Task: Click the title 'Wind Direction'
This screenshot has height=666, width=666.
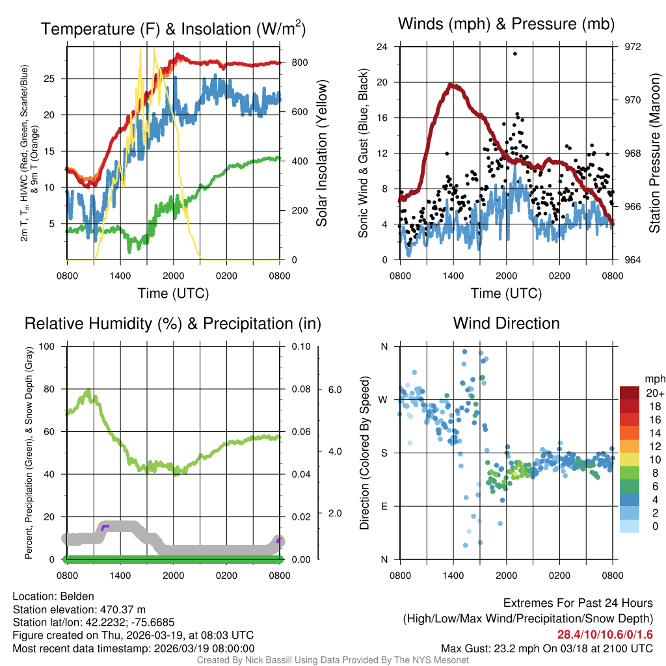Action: tap(506, 323)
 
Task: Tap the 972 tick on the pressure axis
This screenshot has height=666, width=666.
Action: tap(632, 47)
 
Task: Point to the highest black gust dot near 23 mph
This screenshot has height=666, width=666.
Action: tap(514, 54)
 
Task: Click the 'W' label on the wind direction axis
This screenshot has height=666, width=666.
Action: tap(384, 399)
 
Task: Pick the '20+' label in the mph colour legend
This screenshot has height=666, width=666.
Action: tap(654, 393)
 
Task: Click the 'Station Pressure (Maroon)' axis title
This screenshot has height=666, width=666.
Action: tap(655, 153)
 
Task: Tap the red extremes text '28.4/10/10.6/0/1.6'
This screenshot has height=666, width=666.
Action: tap(605, 634)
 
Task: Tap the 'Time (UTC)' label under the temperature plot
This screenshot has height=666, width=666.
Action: tap(173, 293)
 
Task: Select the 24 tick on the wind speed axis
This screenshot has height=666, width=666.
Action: tap(382, 47)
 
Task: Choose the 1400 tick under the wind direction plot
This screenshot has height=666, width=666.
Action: tap(453, 575)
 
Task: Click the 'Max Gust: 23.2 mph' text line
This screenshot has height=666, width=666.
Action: tap(546, 648)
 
